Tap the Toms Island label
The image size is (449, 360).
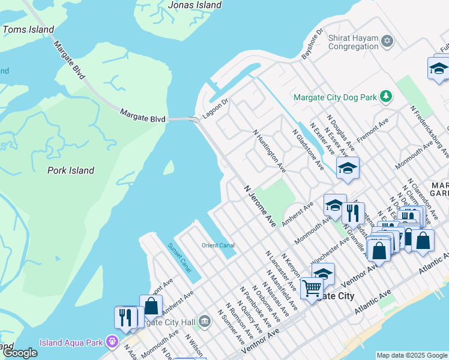click(x=28, y=29)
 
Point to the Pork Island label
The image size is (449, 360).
click(x=71, y=170)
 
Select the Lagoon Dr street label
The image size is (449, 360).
click(x=215, y=109)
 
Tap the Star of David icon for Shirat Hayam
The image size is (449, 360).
click(x=388, y=41)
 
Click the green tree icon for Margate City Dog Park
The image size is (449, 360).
click(x=388, y=96)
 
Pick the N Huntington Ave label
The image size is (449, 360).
click(x=269, y=152)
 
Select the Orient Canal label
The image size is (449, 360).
click(x=218, y=245)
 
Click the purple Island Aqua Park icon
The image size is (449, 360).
click(x=112, y=342)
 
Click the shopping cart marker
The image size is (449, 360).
click(x=312, y=289)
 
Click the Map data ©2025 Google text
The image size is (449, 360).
click(x=412, y=355)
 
